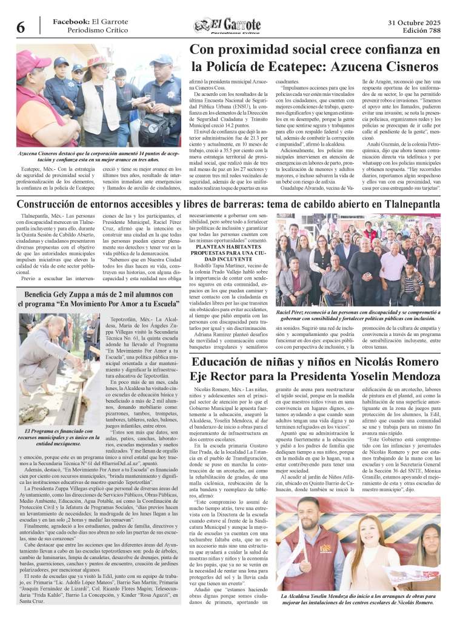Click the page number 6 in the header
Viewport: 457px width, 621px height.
[x=20, y=27]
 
